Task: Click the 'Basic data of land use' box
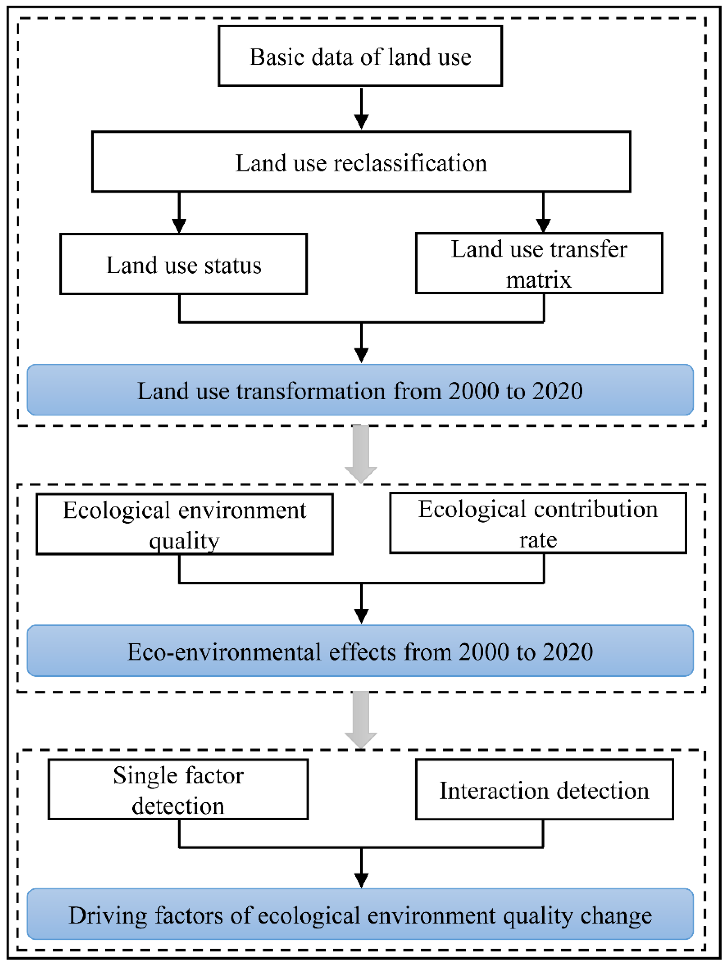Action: tap(360, 56)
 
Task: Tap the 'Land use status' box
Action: tap(183, 264)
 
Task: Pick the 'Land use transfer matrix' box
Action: tap(539, 263)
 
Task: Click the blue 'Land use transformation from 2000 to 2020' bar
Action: tap(360, 390)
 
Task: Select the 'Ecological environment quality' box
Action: tap(184, 524)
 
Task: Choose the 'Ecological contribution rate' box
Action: tap(538, 523)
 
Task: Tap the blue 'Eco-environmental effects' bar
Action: tap(360, 651)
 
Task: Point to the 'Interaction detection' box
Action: tap(544, 790)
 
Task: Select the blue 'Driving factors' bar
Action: tap(360, 915)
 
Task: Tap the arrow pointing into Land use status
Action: tap(179, 213)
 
